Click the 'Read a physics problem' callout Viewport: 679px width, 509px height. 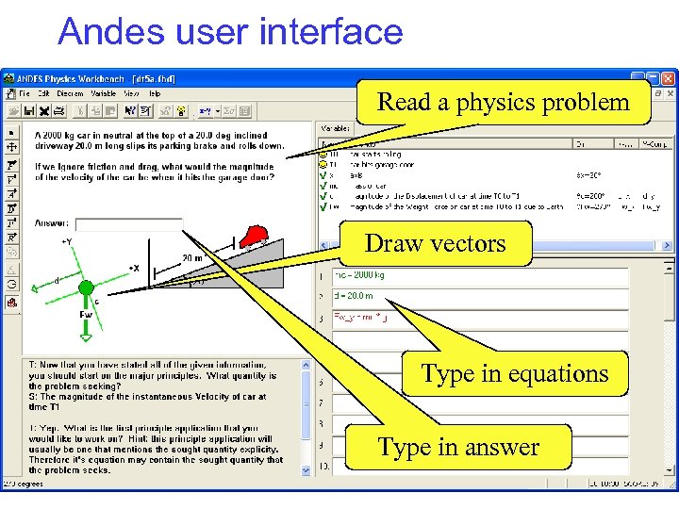tap(504, 102)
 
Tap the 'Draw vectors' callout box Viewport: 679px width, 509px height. tap(435, 243)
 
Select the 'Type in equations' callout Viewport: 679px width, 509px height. tap(514, 373)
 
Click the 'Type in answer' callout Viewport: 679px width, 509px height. tap(458, 447)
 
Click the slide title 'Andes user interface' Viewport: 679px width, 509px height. tap(230, 32)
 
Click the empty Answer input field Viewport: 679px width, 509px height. tap(127, 224)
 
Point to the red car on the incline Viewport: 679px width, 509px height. tap(255, 235)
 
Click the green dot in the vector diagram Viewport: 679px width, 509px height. tap(86, 287)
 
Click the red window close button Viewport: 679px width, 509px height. tap(667, 79)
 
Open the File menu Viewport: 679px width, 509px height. tap(24, 94)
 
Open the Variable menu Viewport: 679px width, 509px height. tap(104, 94)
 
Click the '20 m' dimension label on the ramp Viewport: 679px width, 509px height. tap(192, 257)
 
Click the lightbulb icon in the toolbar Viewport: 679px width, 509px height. tap(181, 110)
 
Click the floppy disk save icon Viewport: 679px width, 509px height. tap(30, 110)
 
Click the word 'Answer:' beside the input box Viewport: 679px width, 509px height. tap(52, 223)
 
